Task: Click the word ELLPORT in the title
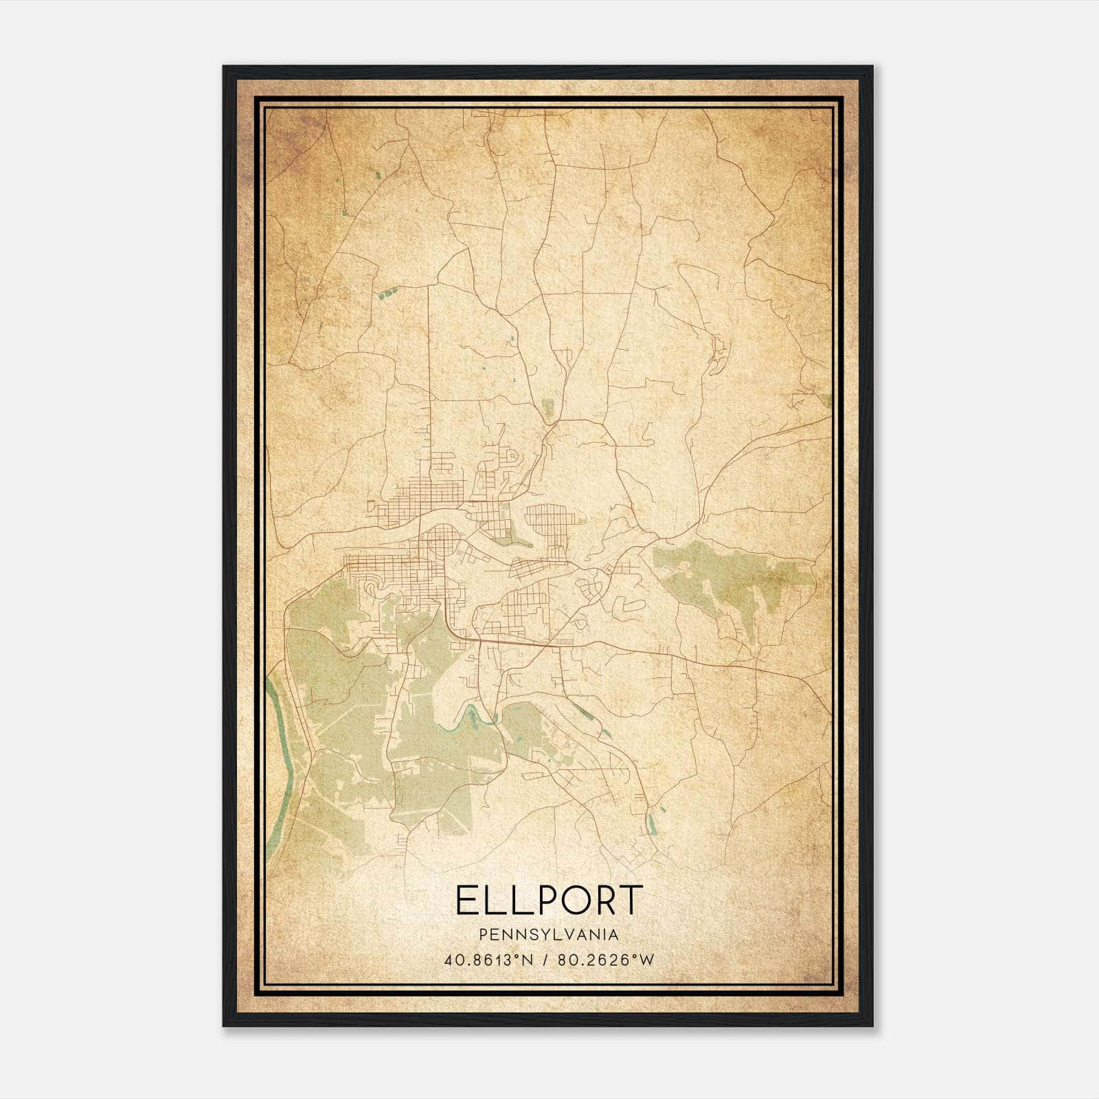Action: tap(549, 900)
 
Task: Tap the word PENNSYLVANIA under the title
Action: tap(549, 935)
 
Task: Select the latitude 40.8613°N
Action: tap(489, 960)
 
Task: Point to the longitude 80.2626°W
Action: tap(605, 960)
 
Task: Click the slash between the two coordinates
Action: tap(545, 960)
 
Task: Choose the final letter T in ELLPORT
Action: tap(630, 900)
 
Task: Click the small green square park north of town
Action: tap(547, 407)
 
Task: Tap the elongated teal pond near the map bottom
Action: tap(651, 820)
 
